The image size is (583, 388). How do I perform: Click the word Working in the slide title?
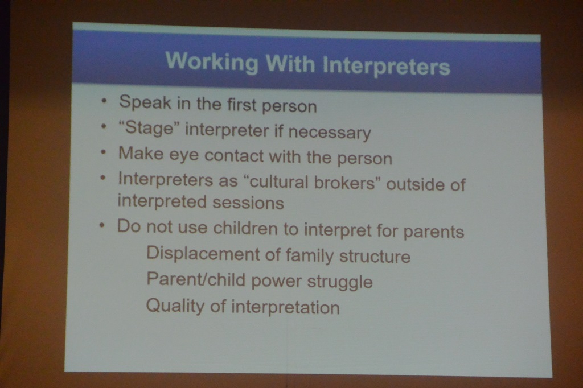[212, 61]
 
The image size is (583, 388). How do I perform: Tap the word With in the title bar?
[290, 64]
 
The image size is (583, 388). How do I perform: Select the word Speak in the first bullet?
[145, 102]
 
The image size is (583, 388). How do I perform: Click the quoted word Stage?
[146, 128]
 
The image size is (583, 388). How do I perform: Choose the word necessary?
[330, 133]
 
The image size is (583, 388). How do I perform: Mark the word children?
[245, 228]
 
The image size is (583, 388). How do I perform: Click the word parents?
[433, 232]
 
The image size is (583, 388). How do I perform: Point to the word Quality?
[175, 306]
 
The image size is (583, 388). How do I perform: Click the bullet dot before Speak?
[105, 100]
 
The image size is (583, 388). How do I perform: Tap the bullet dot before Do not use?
[101, 225]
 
